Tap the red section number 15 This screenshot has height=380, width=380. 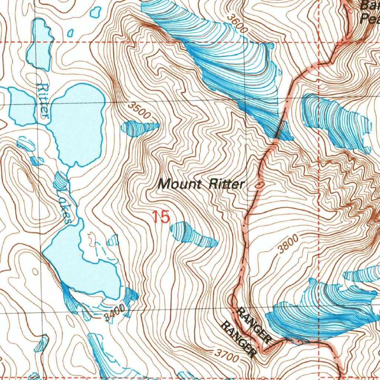pyautogui.click(x=161, y=217)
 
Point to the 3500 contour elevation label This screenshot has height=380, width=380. pyautogui.click(x=140, y=111)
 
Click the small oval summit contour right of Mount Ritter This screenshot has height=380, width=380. pyautogui.click(x=261, y=184)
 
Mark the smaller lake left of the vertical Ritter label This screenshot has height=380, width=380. pyautogui.click(x=20, y=106)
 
